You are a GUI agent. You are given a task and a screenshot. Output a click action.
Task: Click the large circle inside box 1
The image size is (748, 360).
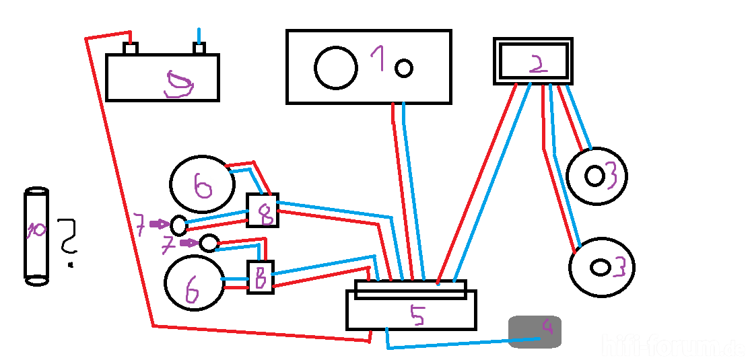point(336,67)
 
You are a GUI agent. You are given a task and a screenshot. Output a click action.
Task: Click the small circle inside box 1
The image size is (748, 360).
point(403,67)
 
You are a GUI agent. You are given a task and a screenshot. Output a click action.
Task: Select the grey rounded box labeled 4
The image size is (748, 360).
point(535,332)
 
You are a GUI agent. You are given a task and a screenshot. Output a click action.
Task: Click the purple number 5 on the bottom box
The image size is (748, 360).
point(418,316)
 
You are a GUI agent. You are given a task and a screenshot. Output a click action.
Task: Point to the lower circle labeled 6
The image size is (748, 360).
point(194,283)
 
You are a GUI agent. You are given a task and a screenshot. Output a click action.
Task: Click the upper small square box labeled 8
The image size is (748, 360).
point(263,210)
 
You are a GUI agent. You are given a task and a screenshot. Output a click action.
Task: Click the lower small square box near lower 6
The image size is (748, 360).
point(261,276)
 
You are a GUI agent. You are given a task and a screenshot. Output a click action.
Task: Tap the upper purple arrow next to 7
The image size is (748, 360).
point(159,223)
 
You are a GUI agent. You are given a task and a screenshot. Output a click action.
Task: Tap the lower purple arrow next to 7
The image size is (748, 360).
point(189,243)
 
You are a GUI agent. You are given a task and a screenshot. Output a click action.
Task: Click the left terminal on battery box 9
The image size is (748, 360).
point(131,48)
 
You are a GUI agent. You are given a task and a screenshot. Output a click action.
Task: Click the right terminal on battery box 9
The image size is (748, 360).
point(199,48)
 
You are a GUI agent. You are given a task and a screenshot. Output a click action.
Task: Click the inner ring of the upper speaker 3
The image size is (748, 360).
point(594,176)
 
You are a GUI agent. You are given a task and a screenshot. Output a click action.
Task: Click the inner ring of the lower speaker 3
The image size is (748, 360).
point(599,267)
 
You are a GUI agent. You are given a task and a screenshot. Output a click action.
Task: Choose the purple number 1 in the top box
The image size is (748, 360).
point(378,60)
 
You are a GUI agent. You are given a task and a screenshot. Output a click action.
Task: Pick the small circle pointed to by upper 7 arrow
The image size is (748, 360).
point(178,223)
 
